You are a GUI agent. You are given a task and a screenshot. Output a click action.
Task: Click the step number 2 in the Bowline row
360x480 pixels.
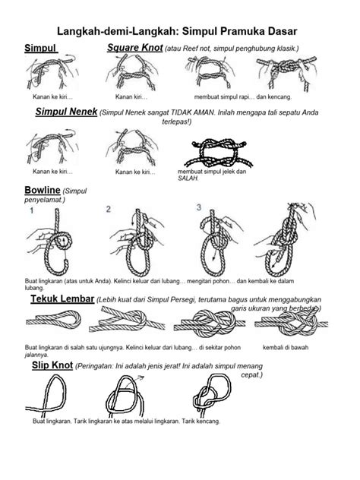(108, 208)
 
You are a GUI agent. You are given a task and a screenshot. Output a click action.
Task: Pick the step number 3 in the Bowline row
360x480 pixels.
(198, 207)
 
